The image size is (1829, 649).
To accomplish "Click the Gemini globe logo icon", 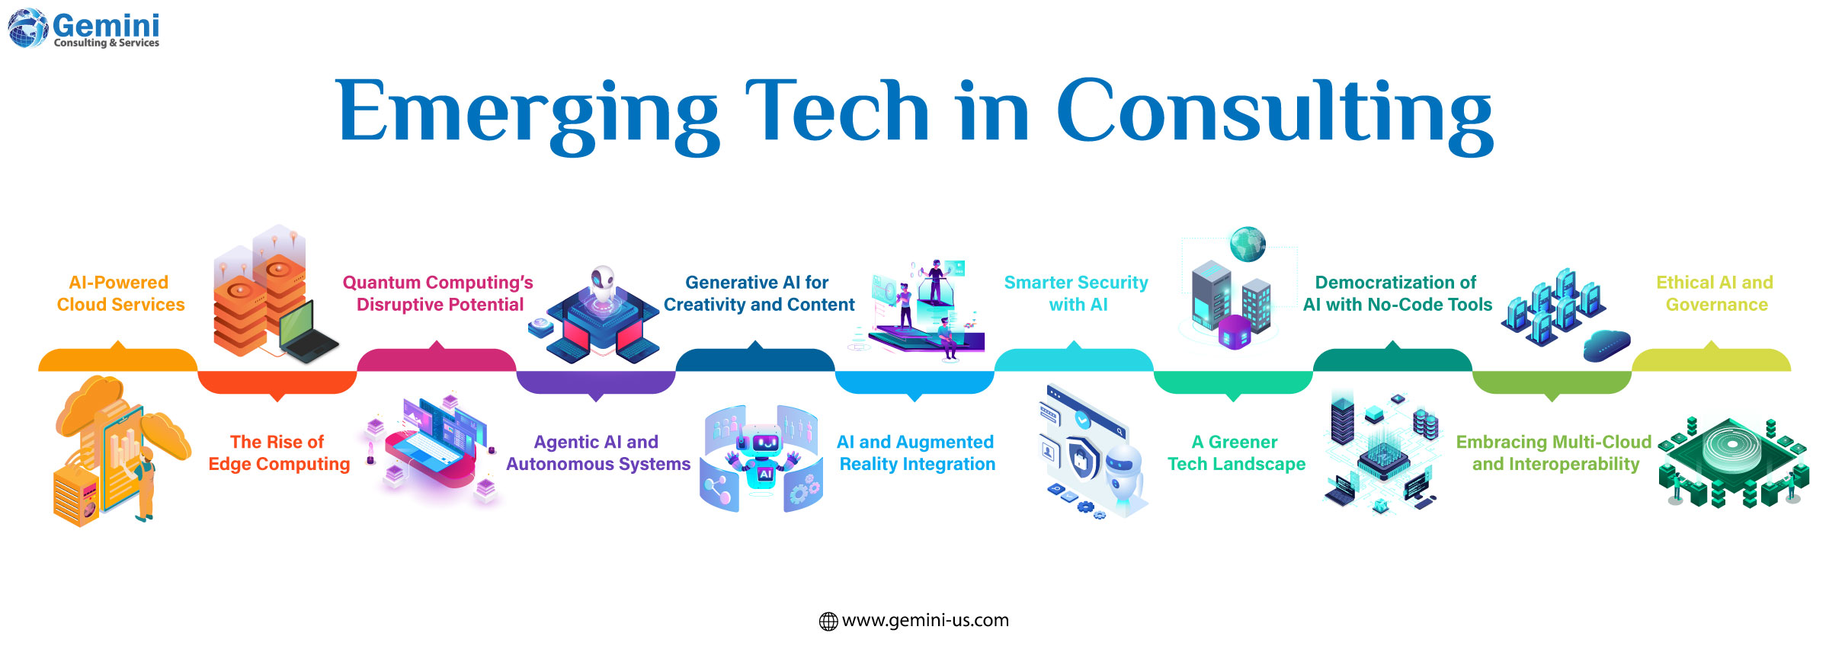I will (x=27, y=28).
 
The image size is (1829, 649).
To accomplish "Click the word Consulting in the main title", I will (x=1273, y=112).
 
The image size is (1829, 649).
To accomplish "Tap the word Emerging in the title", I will (x=527, y=112).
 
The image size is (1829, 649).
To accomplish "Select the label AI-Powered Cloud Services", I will (x=120, y=293).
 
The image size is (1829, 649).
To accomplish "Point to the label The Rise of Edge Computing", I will (x=279, y=453).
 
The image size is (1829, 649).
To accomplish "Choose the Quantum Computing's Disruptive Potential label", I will (x=438, y=293).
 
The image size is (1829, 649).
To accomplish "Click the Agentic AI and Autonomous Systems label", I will (x=597, y=453).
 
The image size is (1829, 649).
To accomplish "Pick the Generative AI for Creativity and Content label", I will (x=758, y=293).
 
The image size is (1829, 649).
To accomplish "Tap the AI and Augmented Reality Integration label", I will (x=917, y=453).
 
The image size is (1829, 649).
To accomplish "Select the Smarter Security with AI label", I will (x=1076, y=293).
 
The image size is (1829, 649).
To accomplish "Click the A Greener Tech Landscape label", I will (x=1236, y=453).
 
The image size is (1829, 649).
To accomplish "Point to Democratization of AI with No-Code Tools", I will (x=1397, y=293).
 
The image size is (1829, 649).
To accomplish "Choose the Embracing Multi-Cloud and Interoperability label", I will (x=1555, y=453).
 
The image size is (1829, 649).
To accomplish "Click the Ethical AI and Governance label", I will (x=1715, y=293).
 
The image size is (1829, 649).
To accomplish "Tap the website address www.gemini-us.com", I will (x=925, y=620).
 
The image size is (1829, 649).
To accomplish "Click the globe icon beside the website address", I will (x=828, y=622).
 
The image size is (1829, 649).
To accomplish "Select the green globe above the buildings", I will (x=1248, y=245).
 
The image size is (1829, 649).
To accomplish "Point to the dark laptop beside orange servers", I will (x=306, y=335).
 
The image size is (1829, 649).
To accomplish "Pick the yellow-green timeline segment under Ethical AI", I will (x=1711, y=360).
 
